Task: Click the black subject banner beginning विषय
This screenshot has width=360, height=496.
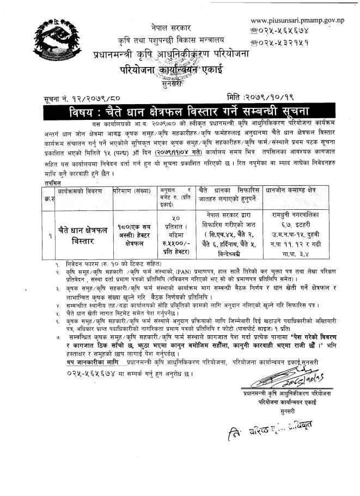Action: click(179, 113)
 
